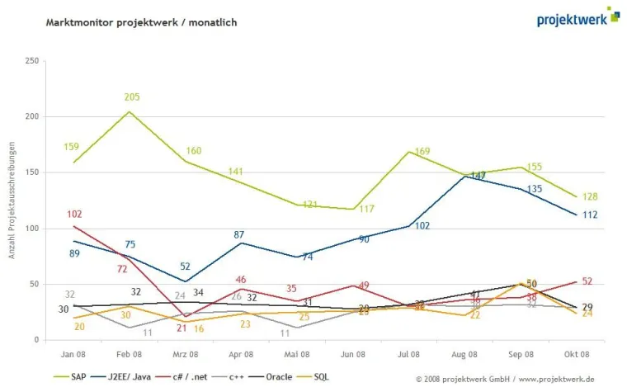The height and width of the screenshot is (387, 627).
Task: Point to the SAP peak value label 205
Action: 132,97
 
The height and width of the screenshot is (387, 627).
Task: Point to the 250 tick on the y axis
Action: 32,61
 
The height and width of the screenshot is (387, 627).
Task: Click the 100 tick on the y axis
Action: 32,229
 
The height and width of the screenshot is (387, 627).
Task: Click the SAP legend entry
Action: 72,377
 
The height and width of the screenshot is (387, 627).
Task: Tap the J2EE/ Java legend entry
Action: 129,377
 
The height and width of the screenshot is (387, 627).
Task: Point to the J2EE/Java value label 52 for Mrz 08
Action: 186,267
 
